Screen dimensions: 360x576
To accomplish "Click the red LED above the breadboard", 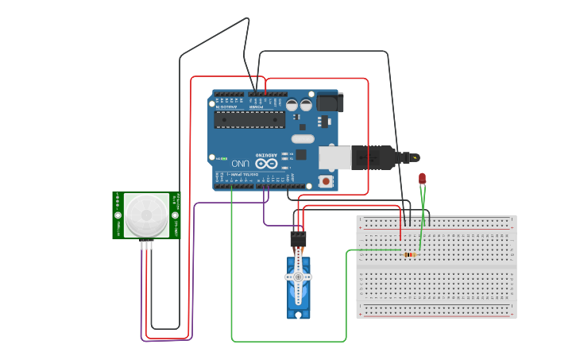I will point(422,179).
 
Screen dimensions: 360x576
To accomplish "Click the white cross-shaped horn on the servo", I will point(299,277).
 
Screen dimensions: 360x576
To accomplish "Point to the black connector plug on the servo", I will point(298,238).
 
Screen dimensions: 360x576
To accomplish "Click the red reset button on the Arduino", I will point(327,181).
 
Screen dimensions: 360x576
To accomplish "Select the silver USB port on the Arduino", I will point(334,157).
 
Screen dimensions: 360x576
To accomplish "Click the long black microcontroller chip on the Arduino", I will point(249,119).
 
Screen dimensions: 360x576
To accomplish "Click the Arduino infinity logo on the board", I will point(265,162).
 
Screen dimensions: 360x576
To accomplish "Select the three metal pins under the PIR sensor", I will point(146,245).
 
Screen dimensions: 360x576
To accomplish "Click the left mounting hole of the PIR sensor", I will point(118,215).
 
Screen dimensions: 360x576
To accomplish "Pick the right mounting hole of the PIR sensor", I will point(175,215).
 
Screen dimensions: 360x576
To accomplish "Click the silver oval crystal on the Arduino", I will point(303,139).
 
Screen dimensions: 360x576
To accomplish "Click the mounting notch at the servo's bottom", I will point(299,315).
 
